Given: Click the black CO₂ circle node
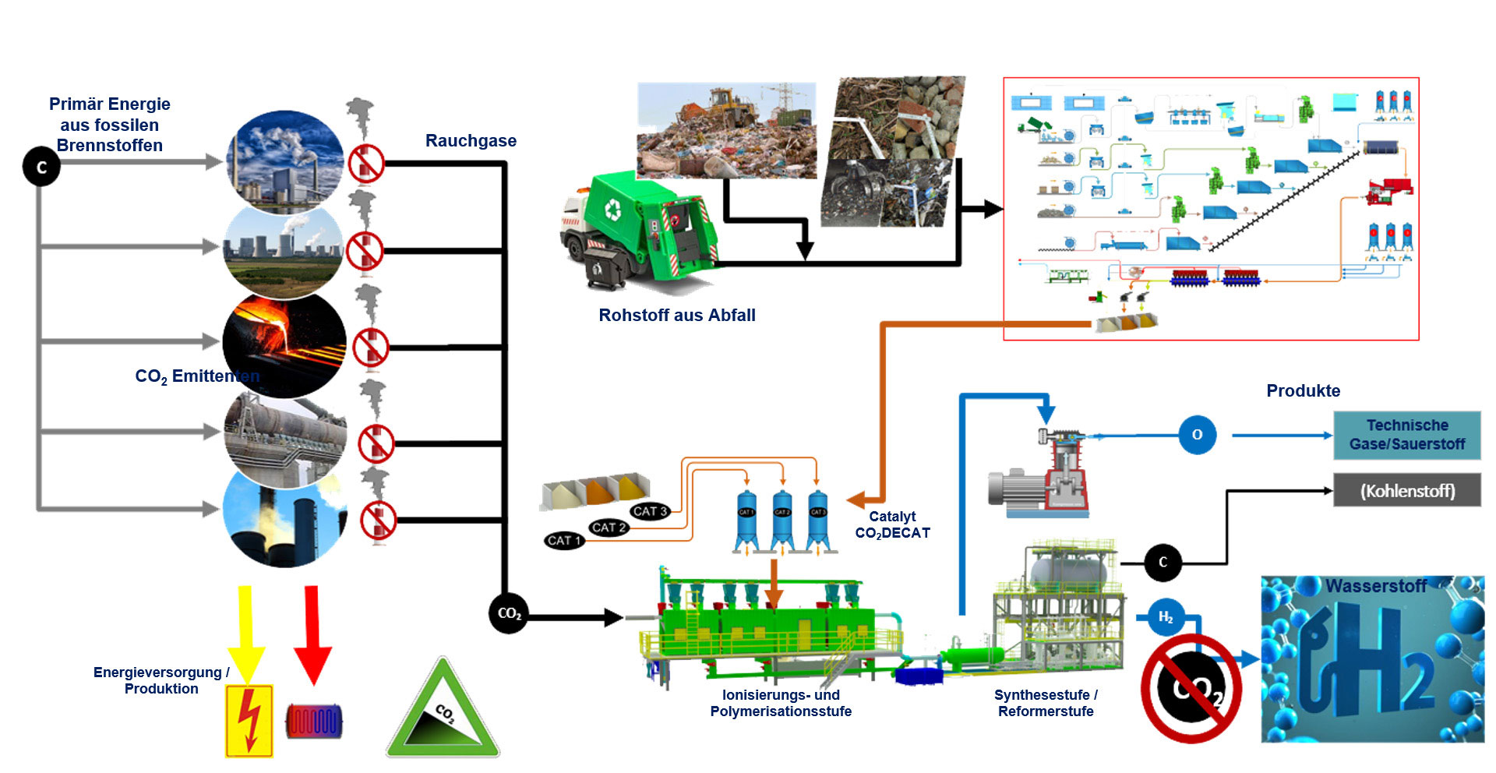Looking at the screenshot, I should tap(509, 614).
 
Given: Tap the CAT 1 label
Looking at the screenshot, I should tap(565, 540).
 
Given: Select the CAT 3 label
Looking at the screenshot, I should tap(650, 511).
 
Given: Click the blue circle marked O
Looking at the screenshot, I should tap(1197, 435).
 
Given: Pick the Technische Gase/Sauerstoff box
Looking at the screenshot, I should tap(1406, 435).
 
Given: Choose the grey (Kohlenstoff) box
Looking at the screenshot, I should tap(1406, 491).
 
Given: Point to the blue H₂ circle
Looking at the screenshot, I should tap(1166, 618).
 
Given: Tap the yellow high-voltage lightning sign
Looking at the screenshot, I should tap(249, 721).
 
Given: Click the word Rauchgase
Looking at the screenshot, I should tap(471, 141).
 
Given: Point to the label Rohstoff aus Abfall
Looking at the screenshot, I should tap(676, 316).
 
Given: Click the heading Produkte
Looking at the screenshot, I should tap(1303, 391).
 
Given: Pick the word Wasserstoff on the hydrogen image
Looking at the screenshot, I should tap(1375, 586).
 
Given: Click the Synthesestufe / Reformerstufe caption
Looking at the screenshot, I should tap(1046, 703).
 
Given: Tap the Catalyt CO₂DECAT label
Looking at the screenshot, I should tap(892, 524).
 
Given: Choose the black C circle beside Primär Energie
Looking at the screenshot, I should tap(41, 167).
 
